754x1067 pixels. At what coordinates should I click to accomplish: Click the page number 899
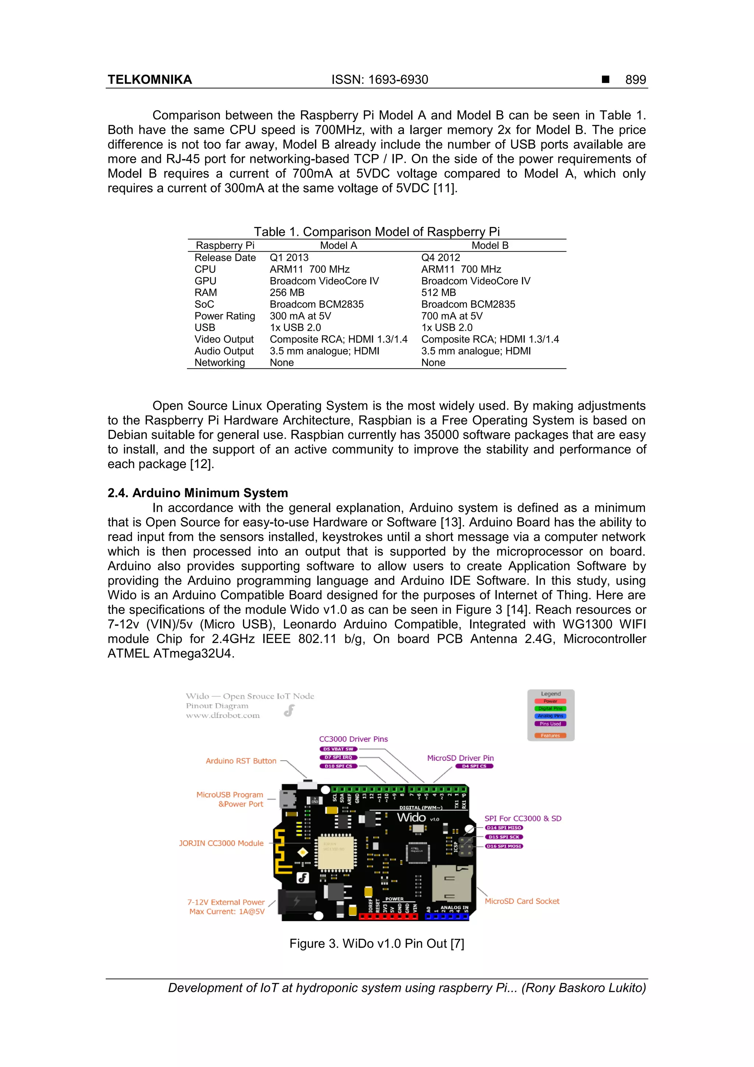(x=635, y=80)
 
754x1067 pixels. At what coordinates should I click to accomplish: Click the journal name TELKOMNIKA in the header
(x=149, y=80)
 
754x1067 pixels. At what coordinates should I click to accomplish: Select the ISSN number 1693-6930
(x=398, y=80)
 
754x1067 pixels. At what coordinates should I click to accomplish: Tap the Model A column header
(x=338, y=245)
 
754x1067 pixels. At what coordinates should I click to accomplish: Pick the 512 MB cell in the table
(x=438, y=293)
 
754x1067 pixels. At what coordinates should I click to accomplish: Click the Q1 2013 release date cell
(x=289, y=257)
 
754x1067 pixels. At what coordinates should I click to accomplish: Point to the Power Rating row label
(x=225, y=316)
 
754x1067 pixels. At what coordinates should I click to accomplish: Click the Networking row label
(x=219, y=362)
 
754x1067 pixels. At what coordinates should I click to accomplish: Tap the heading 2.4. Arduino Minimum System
(x=198, y=493)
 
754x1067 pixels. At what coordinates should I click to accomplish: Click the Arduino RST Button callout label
(x=241, y=761)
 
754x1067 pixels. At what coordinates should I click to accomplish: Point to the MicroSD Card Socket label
(x=522, y=901)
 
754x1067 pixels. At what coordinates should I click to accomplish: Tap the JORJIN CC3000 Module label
(x=221, y=843)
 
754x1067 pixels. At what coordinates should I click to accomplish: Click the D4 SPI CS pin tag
(x=474, y=766)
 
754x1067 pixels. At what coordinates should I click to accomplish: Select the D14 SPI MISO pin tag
(x=504, y=828)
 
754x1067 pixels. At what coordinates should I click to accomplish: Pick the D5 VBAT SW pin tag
(x=338, y=749)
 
